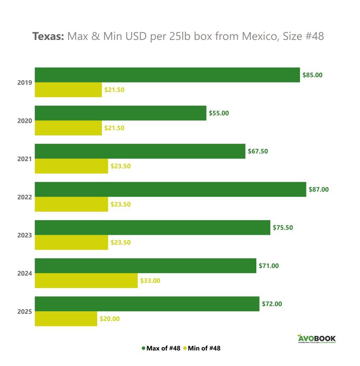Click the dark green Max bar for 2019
tap(167, 75)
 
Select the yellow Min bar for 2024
tap(86, 281)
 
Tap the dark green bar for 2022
tap(170, 189)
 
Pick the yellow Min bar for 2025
tap(66, 318)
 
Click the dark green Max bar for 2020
tap(120, 113)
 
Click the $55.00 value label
tap(219, 113)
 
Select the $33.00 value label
tap(150, 281)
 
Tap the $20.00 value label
tap(110, 319)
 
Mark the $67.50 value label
tap(258, 151)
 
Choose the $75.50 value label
tap(283, 227)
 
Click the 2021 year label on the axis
tap(25, 159)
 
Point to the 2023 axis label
tap(25, 235)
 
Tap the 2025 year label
tap(25, 312)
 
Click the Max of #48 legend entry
tap(163, 348)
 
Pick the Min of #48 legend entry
tap(204, 348)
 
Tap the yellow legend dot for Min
tap(185, 348)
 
